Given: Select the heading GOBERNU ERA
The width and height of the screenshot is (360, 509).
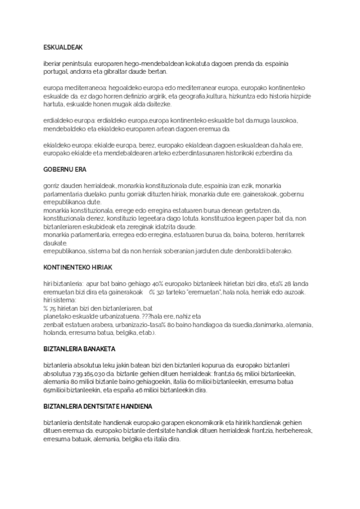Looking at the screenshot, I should (x=61, y=169).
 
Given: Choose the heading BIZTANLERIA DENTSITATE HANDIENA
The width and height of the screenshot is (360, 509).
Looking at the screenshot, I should (x=98, y=406).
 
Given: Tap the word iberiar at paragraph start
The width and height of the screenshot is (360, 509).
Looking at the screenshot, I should (x=53, y=62).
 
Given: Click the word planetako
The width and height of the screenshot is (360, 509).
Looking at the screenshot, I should (x=59, y=316).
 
